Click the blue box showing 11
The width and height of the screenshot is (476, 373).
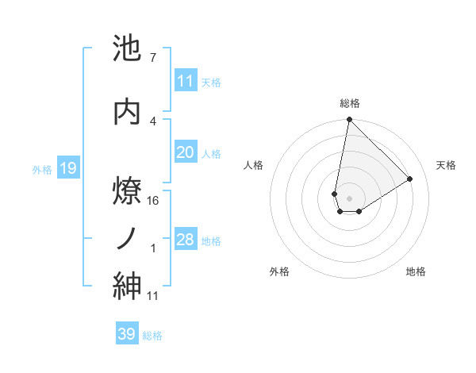tap(186, 81)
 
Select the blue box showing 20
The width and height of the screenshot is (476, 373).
tap(186, 152)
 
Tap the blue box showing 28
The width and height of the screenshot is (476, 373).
tap(186, 240)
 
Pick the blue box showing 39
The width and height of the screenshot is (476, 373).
tap(126, 334)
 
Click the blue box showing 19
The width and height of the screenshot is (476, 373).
tap(67, 168)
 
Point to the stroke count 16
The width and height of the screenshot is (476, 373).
tap(153, 201)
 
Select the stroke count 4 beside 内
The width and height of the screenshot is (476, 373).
tap(152, 120)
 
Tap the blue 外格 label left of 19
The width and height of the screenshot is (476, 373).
tap(42, 169)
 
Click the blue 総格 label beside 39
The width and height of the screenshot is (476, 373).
tap(152, 336)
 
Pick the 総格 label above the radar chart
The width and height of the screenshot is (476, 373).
tap(349, 103)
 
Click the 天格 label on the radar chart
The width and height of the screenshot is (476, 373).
tap(446, 165)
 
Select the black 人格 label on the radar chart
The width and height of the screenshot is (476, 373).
tap(254, 165)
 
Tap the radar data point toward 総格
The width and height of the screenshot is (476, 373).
tap(349, 120)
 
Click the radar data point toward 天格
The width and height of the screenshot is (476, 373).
tap(410, 179)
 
